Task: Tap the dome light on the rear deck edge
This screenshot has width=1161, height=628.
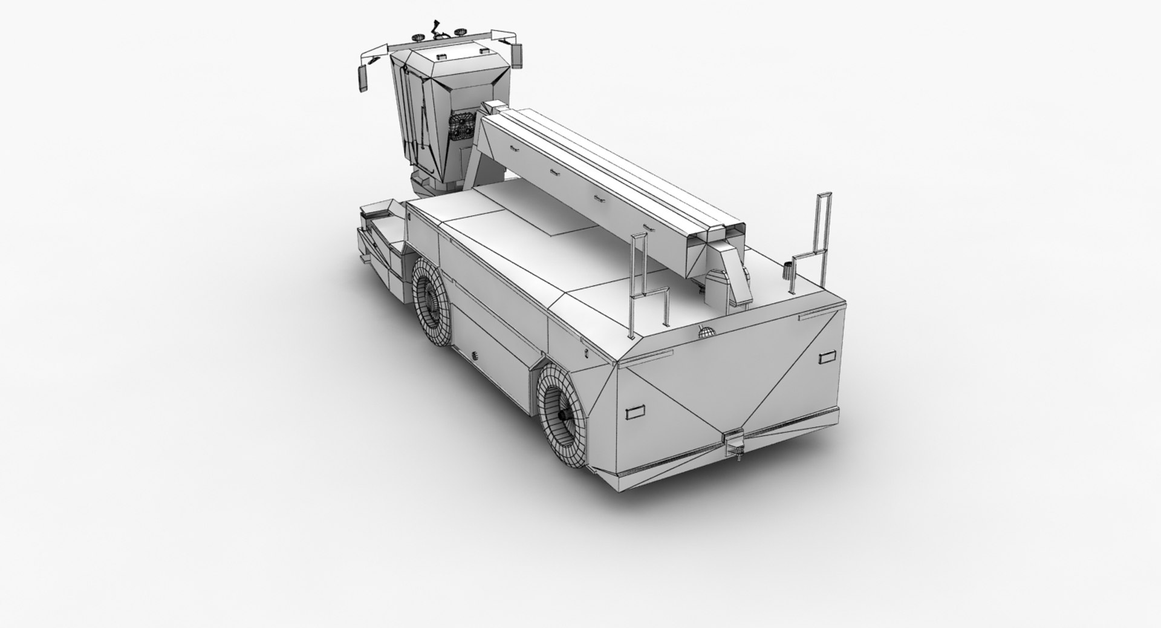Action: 705,332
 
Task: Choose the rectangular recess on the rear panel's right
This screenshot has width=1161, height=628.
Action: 825,356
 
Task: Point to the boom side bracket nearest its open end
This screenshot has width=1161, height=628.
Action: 649,227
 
